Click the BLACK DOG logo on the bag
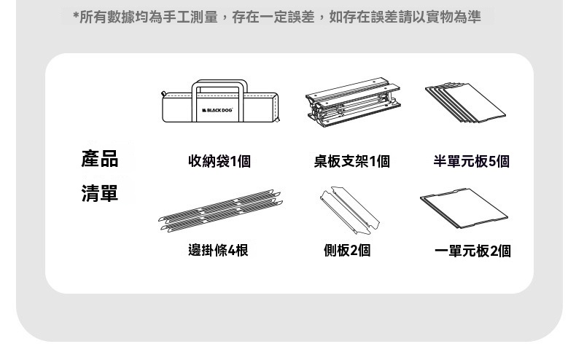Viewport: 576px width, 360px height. (x=217, y=110)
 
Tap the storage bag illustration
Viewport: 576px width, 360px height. (x=220, y=101)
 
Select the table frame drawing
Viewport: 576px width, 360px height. (x=354, y=102)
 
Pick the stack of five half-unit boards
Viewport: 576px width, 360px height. (x=465, y=103)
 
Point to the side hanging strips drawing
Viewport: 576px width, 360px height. (x=220, y=211)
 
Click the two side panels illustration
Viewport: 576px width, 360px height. (x=349, y=210)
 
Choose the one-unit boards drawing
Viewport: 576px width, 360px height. (x=464, y=208)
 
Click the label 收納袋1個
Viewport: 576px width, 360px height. (x=219, y=161)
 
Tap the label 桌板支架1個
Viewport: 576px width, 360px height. (x=352, y=161)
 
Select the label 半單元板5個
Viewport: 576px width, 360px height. (x=471, y=161)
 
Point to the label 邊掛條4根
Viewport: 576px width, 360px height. (x=218, y=251)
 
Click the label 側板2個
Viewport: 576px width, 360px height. (x=347, y=251)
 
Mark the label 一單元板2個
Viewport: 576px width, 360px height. (x=472, y=251)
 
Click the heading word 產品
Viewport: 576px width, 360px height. (x=100, y=159)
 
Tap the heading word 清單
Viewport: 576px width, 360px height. (x=100, y=193)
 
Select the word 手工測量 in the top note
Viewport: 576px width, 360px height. (x=190, y=17)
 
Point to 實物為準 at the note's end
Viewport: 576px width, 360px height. (x=454, y=17)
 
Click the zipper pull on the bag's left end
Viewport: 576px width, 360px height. (x=164, y=94)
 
